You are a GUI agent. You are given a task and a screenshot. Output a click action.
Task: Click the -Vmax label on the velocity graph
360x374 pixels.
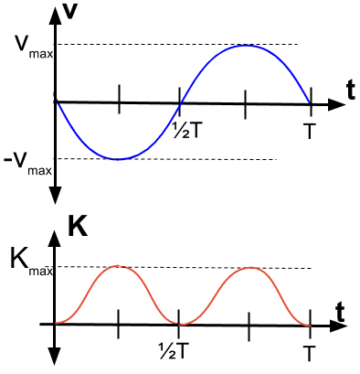point(26,164)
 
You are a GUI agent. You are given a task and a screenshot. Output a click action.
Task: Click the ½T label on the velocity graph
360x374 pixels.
point(187,129)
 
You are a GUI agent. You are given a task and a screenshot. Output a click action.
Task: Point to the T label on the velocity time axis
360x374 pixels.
point(311,131)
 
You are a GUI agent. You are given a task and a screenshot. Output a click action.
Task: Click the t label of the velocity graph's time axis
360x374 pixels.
point(350,88)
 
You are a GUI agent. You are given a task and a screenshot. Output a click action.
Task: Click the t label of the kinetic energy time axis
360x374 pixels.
point(340,311)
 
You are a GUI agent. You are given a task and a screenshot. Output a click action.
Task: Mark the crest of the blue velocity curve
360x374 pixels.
point(245,45)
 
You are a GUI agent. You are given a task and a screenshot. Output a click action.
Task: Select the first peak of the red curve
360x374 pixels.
point(118,265)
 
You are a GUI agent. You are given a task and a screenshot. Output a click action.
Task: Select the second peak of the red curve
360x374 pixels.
point(249,266)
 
